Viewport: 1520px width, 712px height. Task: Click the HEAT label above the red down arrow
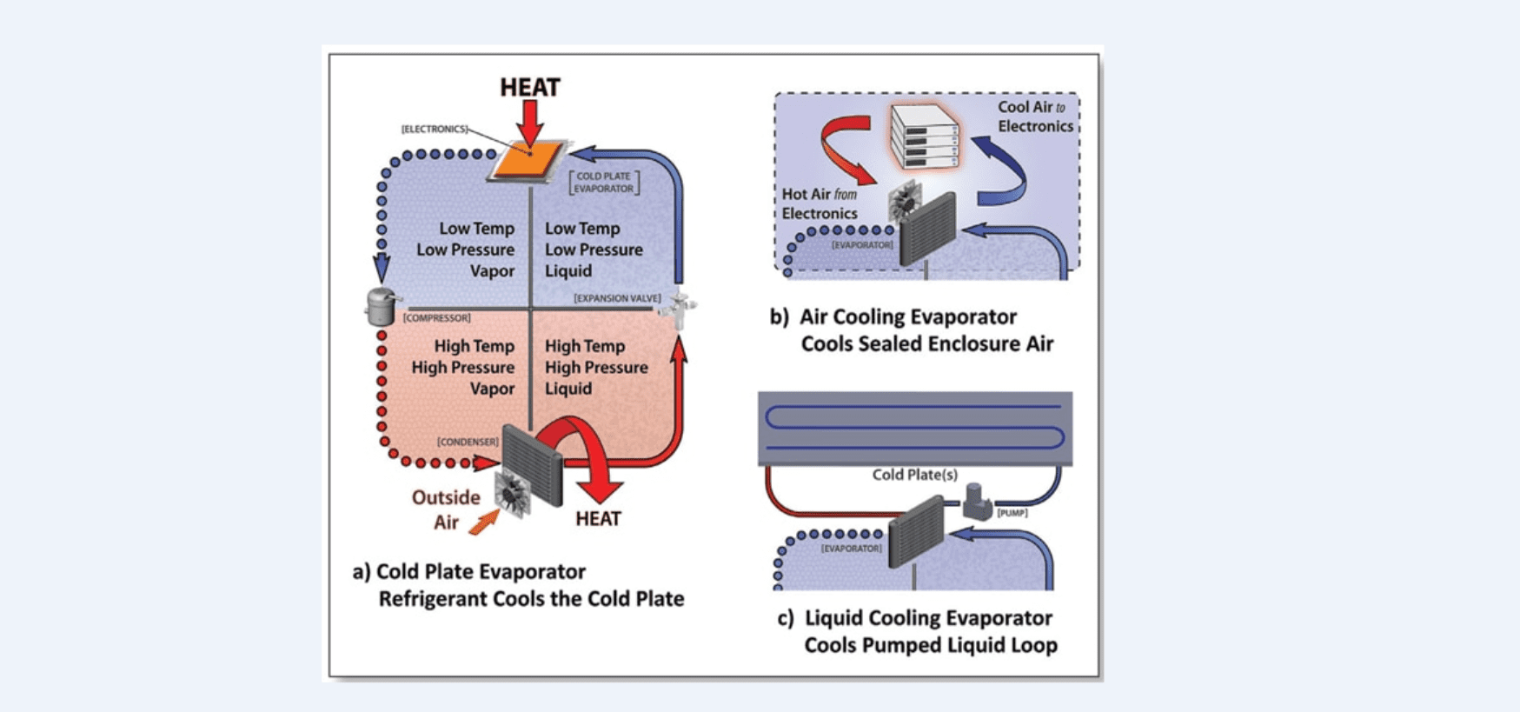529,87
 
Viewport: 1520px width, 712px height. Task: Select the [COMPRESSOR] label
436,318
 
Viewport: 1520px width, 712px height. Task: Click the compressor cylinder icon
382,306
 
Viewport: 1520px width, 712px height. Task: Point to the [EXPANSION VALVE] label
617,298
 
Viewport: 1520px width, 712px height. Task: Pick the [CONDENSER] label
468,442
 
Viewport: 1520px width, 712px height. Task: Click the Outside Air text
445,509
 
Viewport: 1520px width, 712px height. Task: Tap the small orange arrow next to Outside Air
484,522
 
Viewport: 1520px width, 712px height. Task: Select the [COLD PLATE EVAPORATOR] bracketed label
604,182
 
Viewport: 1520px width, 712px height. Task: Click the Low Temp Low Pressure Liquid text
594,250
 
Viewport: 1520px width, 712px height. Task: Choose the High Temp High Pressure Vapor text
464,367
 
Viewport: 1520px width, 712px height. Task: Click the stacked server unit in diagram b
925,135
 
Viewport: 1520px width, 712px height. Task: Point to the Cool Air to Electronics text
1034,116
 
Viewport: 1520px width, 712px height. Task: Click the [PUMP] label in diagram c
1012,513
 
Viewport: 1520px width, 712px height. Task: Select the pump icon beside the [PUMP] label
978,502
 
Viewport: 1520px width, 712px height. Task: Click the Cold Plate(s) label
914,475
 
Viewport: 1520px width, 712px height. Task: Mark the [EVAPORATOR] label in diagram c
851,549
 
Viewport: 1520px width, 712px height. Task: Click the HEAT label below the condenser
598,519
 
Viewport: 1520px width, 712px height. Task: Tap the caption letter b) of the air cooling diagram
779,317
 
